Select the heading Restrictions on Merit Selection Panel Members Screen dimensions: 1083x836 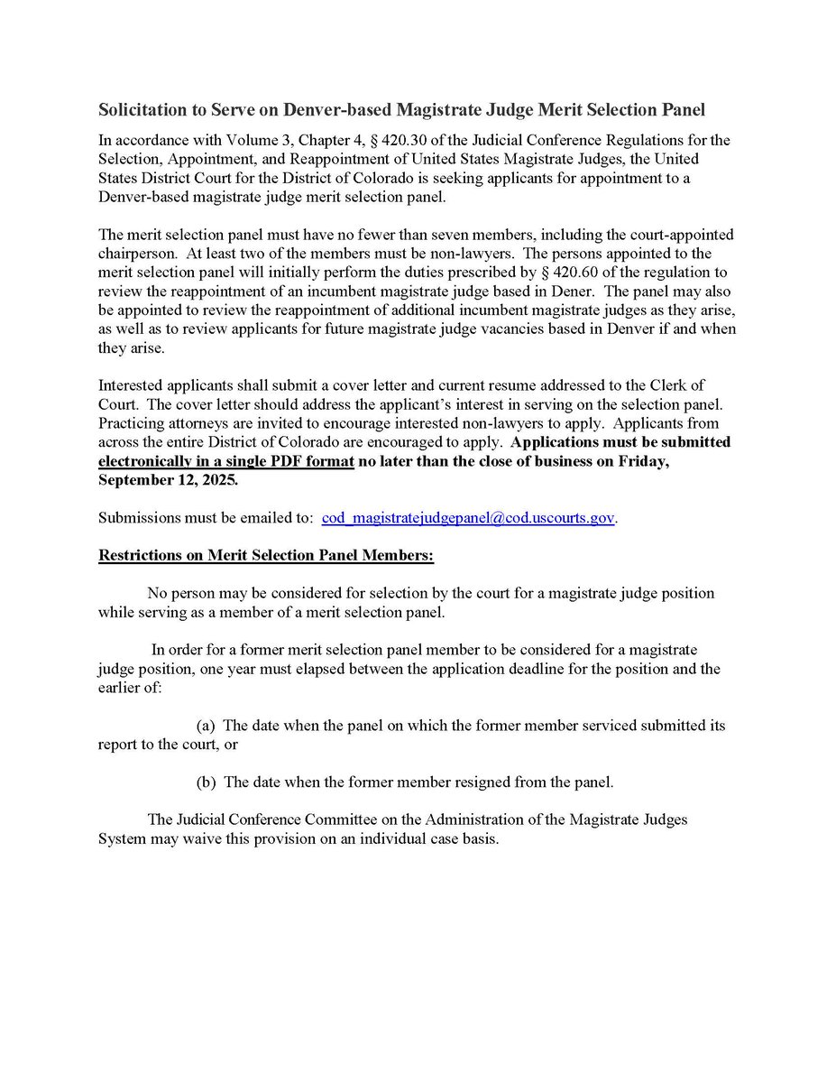(x=266, y=557)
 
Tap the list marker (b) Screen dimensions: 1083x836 (x=206, y=782)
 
